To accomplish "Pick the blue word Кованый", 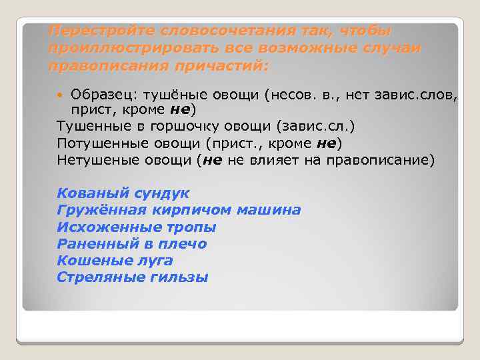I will click(86, 193).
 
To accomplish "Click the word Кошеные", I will click(87, 261).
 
